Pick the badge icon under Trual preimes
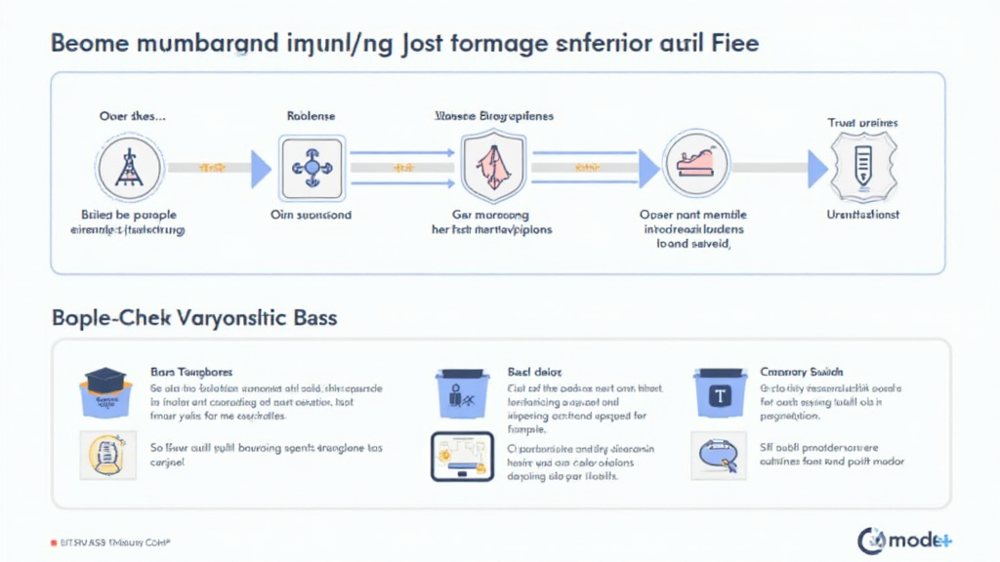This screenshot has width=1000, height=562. pyautogui.click(x=862, y=168)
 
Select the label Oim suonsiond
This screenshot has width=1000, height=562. pyautogui.click(x=310, y=214)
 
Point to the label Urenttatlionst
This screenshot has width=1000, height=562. pyautogui.click(x=862, y=214)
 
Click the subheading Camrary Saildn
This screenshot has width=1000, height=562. pyautogui.click(x=802, y=372)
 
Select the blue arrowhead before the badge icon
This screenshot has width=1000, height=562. pyautogui.click(x=817, y=169)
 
